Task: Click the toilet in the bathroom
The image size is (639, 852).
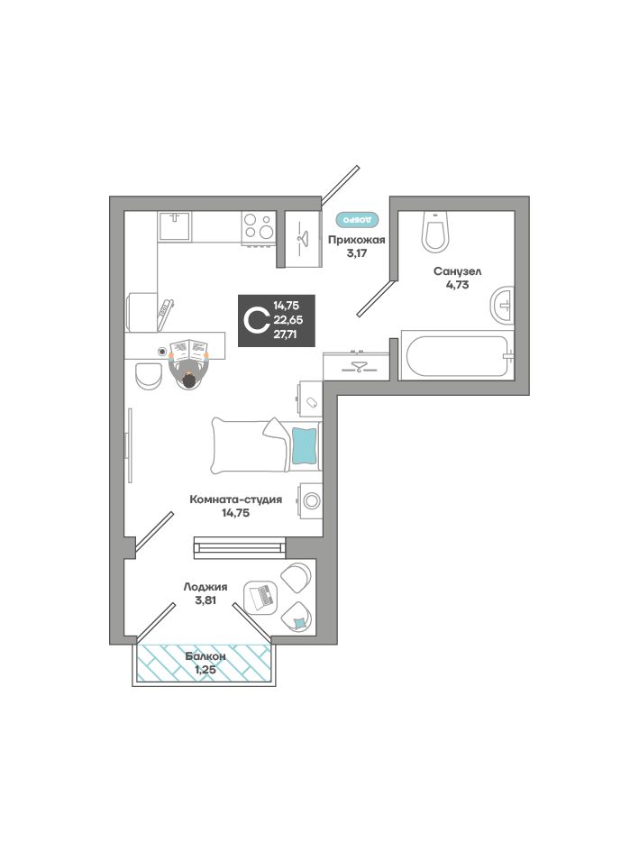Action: pyautogui.click(x=436, y=232)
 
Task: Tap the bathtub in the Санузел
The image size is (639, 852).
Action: pyautogui.click(x=457, y=356)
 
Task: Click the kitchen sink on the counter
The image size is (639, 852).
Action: pyautogui.click(x=175, y=226)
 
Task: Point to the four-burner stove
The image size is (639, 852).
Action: pyautogui.click(x=258, y=227)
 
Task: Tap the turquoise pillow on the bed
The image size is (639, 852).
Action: pyautogui.click(x=305, y=445)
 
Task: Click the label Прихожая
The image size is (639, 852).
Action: pyautogui.click(x=356, y=240)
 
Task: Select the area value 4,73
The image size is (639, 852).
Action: pyautogui.click(x=457, y=285)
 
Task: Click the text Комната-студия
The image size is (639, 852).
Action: pyautogui.click(x=235, y=499)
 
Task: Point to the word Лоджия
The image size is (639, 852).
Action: pyautogui.click(x=205, y=587)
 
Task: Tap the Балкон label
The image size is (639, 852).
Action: pyautogui.click(x=205, y=656)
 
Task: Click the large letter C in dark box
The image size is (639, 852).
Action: pyautogui.click(x=256, y=320)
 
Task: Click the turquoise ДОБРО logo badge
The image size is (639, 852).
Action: pyautogui.click(x=356, y=219)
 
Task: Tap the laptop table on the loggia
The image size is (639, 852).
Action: pyautogui.click(x=260, y=597)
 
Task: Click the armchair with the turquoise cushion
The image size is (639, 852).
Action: pyautogui.click(x=297, y=618)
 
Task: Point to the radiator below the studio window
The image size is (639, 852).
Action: pyautogui.click(x=240, y=545)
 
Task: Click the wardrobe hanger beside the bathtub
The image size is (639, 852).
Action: pyautogui.click(x=356, y=367)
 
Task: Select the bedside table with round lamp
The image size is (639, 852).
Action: pyautogui.click(x=310, y=500)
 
